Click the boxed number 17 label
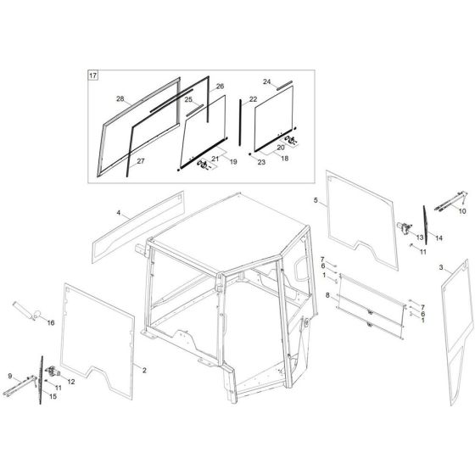(x=93, y=76)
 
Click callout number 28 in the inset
(x=120, y=99)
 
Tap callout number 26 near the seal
(x=220, y=87)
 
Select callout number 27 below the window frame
(x=141, y=161)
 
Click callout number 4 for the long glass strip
(x=119, y=212)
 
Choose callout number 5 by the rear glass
(x=316, y=201)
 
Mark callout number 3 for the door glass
(x=442, y=267)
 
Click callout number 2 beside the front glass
(x=144, y=371)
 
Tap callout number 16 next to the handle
(x=50, y=323)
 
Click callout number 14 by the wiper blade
(x=439, y=238)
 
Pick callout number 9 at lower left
(x=9, y=376)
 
